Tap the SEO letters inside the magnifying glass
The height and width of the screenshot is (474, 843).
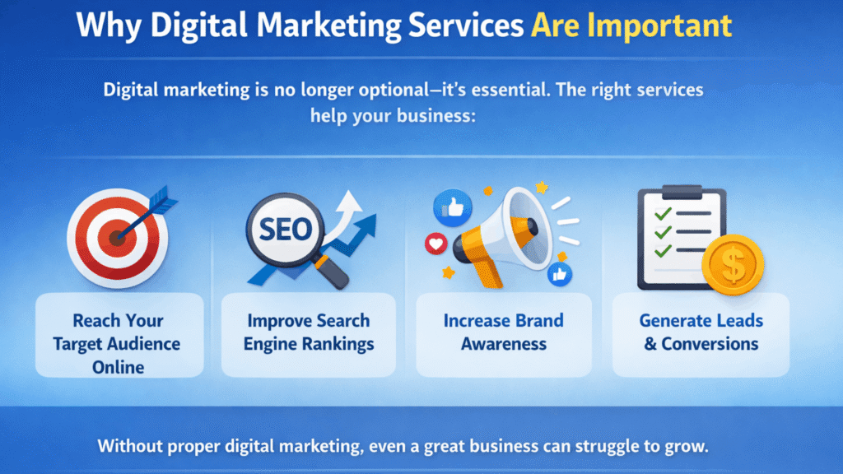tap(283, 230)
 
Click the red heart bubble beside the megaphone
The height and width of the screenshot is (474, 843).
tap(434, 244)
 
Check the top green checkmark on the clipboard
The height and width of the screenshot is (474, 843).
tap(660, 215)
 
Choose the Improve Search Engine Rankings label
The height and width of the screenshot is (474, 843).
tap(308, 332)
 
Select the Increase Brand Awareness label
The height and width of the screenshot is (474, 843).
tap(503, 332)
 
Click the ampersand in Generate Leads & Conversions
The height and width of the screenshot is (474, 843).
tap(650, 344)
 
